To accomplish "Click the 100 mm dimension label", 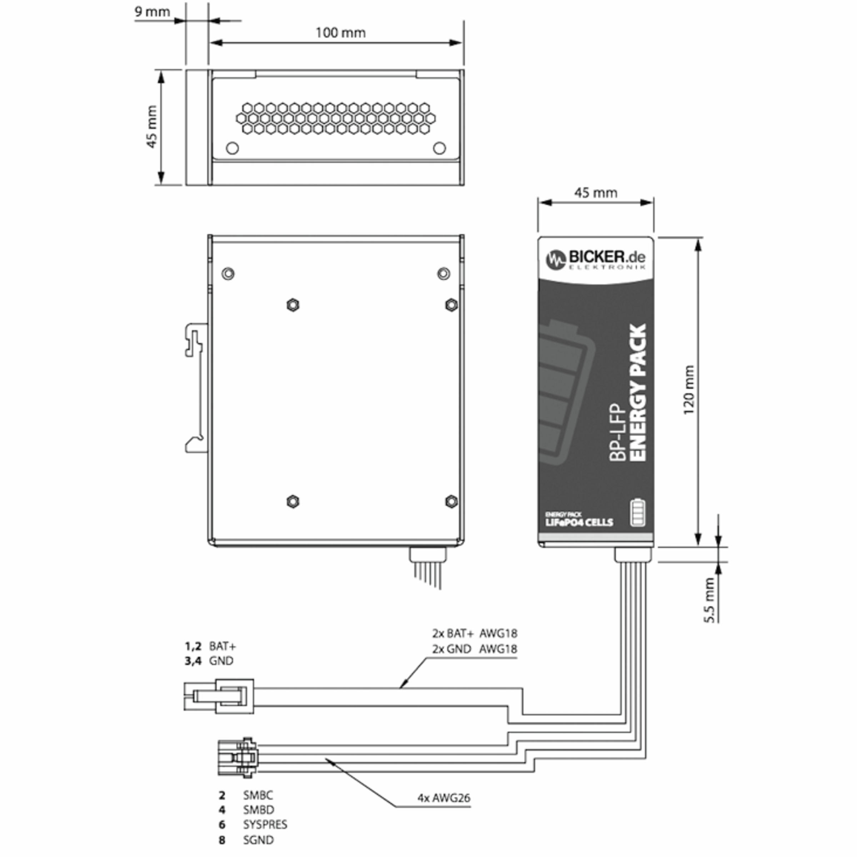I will click(340, 33).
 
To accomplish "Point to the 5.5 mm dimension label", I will click(710, 600).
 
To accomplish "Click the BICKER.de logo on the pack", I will click(595, 259).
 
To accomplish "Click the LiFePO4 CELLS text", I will click(579, 522).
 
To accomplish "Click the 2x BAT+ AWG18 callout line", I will click(475, 633).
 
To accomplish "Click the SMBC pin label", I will click(258, 795).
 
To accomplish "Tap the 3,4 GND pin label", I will click(209, 661).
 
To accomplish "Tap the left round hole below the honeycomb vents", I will click(232, 148).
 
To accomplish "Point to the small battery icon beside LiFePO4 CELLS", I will click(638, 513).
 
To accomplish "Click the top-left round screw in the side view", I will click(228, 274).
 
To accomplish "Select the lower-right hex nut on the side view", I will click(451, 501).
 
